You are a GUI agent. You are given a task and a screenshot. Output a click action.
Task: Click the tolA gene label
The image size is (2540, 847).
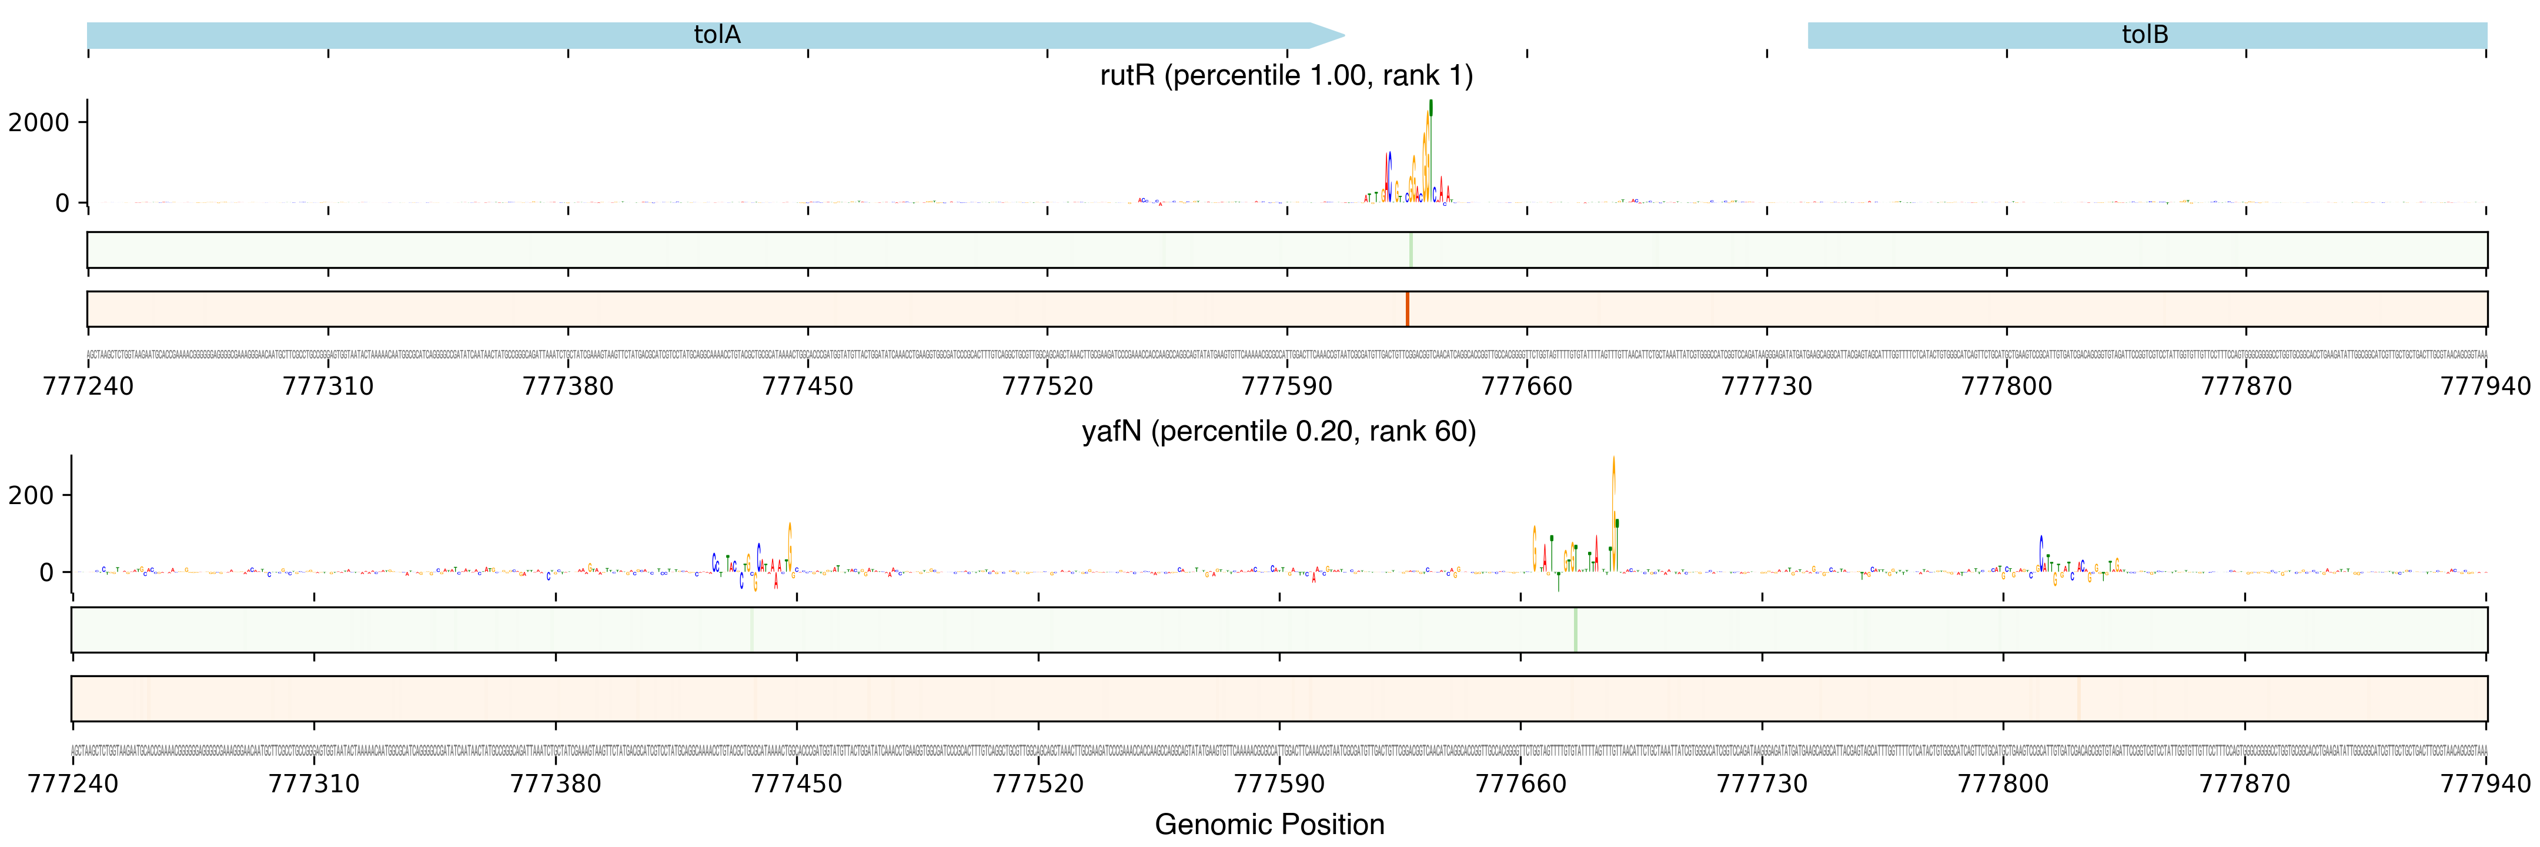pos(717,35)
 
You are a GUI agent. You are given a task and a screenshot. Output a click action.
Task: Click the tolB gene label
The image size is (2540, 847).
pos(2145,35)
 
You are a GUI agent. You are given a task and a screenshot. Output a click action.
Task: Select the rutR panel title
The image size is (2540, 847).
pos(1286,76)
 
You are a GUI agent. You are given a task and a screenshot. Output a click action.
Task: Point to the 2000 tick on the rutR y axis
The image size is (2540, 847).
pos(39,122)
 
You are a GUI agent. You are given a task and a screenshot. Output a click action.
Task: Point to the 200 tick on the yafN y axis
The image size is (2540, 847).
pos(32,495)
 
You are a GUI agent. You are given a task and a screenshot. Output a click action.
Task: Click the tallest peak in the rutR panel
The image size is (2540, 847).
pos(1430,108)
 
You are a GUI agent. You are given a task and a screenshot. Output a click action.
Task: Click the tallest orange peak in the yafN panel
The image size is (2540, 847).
pos(1613,463)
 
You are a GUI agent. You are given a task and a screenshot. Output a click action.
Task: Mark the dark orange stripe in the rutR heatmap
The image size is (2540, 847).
pos(1407,309)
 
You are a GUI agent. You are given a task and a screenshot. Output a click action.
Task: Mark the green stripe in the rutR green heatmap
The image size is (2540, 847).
pos(1411,249)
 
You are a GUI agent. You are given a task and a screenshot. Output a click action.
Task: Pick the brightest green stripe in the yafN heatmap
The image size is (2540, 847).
pos(1576,629)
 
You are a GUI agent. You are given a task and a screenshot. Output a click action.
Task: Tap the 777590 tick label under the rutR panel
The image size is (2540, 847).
pos(1287,385)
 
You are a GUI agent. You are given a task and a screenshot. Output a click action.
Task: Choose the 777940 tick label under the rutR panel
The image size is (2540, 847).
pos(2485,385)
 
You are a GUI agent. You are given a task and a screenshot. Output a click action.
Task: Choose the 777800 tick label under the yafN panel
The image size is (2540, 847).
pos(2003,784)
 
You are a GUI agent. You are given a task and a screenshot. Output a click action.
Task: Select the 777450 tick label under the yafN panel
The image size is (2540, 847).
pos(797,784)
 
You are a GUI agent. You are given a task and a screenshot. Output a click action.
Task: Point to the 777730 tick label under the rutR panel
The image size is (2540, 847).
pos(1766,385)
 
